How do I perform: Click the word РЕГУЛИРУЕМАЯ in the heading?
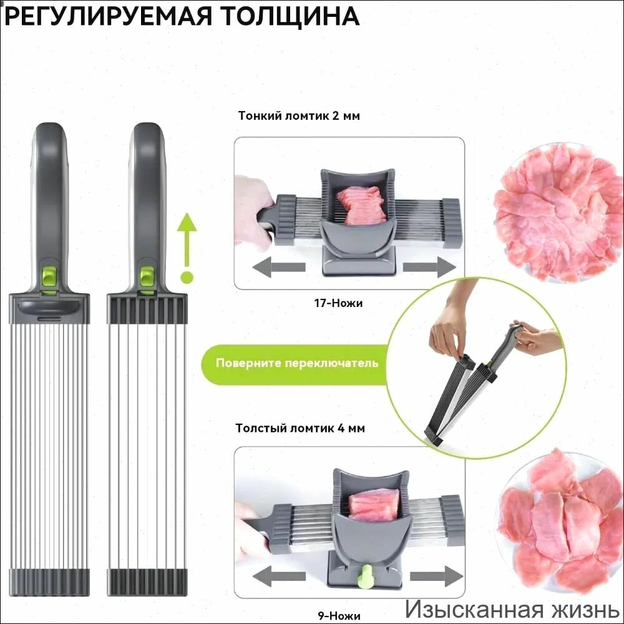coord(108,17)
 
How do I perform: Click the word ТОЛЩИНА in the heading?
coord(291,17)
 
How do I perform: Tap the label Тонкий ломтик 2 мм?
coord(299,116)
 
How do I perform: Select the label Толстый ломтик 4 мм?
coord(300,428)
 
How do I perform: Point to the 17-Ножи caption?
coord(338,303)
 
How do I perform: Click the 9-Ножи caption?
coord(339,616)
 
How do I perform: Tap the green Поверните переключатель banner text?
coord(297,363)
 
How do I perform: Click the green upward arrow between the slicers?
coord(187,238)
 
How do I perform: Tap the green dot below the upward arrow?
coord(187,278)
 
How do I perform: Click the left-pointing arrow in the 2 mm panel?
coord(278,266)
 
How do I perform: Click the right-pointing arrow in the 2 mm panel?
coord(429,266)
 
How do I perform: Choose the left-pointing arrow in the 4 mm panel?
coord(279,576)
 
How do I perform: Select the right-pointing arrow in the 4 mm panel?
coord(436,576)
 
